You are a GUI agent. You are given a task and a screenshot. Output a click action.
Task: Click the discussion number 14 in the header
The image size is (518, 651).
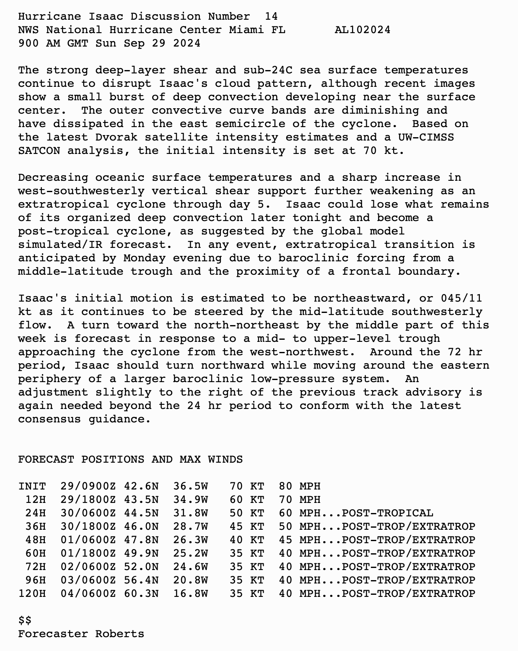click(x=271, y=16)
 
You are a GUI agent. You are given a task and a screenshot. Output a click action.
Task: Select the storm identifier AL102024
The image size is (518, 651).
click(x=363, y=30)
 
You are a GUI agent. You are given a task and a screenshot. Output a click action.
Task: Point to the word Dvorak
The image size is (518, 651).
click(x=116, y=137)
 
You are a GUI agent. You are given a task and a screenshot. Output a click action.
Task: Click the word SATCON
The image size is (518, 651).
click(x=39, y=151)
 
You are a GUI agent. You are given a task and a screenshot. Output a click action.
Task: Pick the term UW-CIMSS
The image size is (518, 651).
click(x=426, y=137)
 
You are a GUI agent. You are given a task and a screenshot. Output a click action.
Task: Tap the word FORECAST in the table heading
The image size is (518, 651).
click(x=46, y=459)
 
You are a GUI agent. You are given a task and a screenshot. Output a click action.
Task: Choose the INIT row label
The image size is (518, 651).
click(x=32, y=486)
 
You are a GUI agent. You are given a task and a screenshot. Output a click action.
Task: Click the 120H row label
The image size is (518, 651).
click(x=32, y=594)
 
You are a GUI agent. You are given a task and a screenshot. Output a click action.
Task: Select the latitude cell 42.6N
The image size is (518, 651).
click(x=141, y=486)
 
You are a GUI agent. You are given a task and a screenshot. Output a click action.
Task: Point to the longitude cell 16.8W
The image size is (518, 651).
click(x=190, y=594)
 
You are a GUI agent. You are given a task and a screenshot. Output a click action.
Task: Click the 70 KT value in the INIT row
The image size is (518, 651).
click(x=247, y=486)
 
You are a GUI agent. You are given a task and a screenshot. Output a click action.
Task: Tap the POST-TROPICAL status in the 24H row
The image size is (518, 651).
click(x=387, y=513)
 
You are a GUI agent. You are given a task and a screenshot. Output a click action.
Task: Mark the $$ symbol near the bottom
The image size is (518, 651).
click(x=25, y=620)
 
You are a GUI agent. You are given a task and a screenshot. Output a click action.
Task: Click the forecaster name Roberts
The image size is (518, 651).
click(x=119, y=634)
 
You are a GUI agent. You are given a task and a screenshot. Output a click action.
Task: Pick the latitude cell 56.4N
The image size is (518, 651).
click(x=141, y=580)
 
